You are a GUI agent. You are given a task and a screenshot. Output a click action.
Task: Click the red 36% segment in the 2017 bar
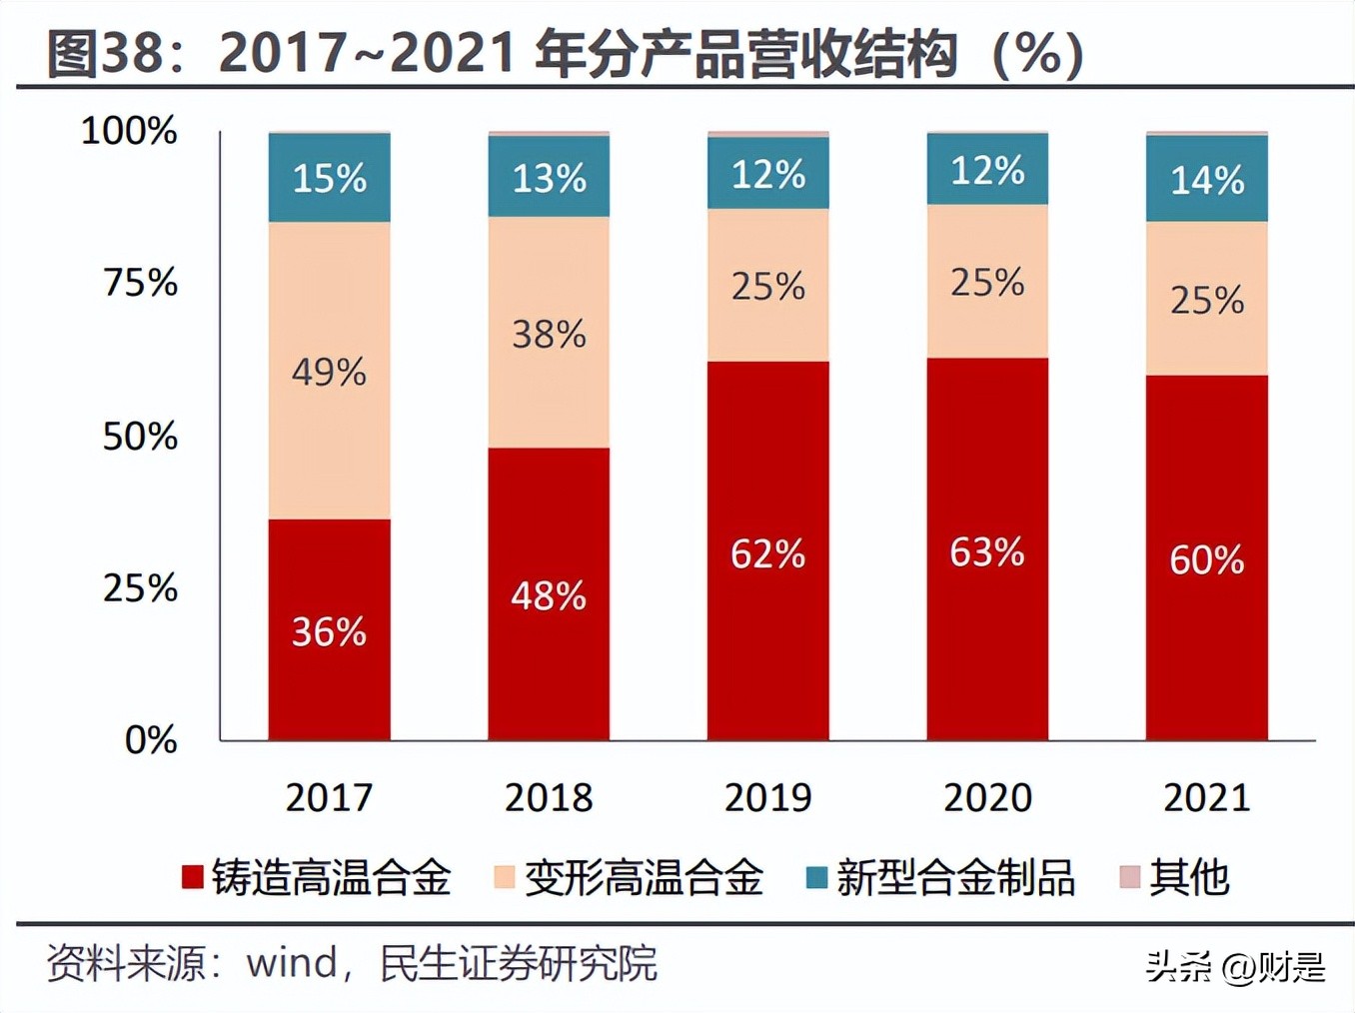(x=329, y=629)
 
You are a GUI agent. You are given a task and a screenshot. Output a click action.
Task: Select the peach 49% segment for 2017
(x=329, y=371)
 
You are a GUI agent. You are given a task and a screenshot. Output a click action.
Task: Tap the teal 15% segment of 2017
(x=329, y=178)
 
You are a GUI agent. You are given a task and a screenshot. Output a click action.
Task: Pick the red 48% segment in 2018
(x=549, y=594)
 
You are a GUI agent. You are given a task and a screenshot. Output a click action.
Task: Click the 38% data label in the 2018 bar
(x=549, y=334)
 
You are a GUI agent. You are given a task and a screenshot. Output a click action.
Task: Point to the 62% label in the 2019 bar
(x=767, y=553)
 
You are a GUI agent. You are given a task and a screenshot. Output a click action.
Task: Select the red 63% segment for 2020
(x=987, y=549)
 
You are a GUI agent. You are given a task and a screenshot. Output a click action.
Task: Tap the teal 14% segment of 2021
(x=1207, y=179)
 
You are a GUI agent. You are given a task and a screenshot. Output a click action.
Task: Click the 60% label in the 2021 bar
(x=1207, y=559)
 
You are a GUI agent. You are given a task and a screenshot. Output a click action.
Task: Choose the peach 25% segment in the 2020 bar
(x=987, y=282)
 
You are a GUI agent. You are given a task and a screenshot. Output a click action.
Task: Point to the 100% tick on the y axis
(x=129, y=130)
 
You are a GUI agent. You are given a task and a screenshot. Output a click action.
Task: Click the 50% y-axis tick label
(x=140, y=436)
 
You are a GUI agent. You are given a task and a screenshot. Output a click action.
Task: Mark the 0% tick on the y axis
(x=151, y=740)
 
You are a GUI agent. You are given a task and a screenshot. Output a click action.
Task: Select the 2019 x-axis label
(x=767, y=797)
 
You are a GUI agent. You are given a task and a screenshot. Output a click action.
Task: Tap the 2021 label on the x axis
(x=1207, y=797)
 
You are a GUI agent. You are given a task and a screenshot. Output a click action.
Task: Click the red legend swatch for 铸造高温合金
(x=192, y=877)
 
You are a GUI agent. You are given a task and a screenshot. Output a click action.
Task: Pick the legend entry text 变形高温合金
(x=644, y=877)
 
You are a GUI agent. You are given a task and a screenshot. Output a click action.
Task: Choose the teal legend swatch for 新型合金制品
(x=816, y=877)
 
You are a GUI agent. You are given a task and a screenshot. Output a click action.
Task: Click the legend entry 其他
(x=1188, y=877)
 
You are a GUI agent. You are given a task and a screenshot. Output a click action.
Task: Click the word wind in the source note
(x=292, y=963)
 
